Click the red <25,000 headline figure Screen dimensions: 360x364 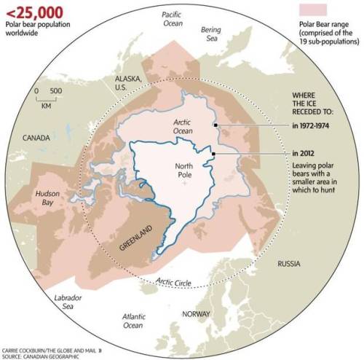click(32, 11)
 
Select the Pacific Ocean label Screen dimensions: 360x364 click(171, 18)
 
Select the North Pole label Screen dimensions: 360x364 click(184, 171)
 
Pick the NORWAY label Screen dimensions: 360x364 click(196, 314)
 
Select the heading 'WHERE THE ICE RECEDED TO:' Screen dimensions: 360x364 click(313, 105)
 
